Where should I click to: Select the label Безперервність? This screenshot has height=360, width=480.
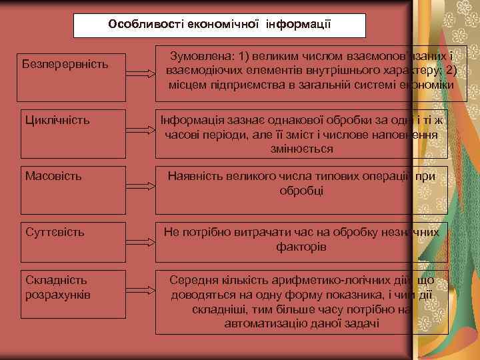(x=65, y=65)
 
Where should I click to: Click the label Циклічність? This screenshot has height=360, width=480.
(x=57, y=121)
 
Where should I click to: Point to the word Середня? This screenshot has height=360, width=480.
(x=195, y=280)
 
